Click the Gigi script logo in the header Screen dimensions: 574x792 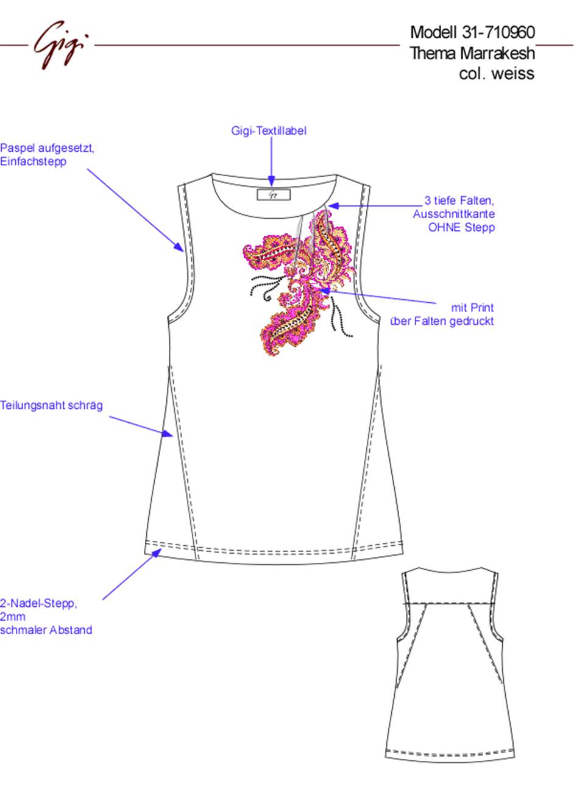click(x=61, y=44)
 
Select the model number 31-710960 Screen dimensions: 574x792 click(x=498, y=32)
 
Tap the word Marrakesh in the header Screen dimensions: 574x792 click(x=498, y=53)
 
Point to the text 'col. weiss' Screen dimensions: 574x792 click(x=497, y=73)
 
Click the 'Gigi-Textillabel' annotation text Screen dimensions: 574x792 click(x=269, y=131)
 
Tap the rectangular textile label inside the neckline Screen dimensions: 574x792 click(x=274, y=194)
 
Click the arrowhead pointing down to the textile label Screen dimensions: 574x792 click(x=271, y=181)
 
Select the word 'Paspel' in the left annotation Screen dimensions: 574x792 click(x=18, y=148)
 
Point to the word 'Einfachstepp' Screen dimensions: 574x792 click(x=33, y=161)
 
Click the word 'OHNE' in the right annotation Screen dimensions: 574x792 click(x=445, y=227)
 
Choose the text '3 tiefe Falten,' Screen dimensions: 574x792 click(x=459, y=200)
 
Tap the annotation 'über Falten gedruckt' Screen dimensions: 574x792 click(x=442, y=321)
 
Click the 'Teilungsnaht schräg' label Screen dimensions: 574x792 click(x=51, y=405)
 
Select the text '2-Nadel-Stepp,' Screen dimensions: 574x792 click(x=38, y=603)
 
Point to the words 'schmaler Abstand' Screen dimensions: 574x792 click(x=46, y=630)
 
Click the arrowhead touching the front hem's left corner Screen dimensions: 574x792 click(x=155, y=553)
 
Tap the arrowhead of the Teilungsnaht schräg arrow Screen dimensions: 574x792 click(x=168, y=433)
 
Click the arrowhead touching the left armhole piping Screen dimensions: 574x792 click(x=179, y=247)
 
